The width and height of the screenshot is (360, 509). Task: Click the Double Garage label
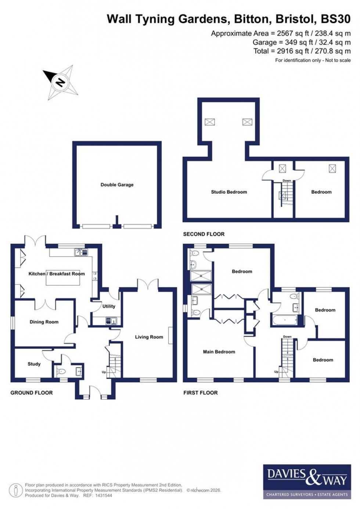117,185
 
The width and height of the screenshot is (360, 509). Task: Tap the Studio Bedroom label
229,192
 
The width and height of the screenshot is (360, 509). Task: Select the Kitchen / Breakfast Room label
57,274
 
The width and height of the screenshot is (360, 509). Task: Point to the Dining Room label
44,322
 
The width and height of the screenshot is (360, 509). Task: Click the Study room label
34,364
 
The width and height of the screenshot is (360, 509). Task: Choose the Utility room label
109,306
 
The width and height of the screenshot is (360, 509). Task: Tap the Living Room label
149,337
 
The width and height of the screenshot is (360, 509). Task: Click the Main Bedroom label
219,352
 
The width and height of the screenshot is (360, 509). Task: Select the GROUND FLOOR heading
32,393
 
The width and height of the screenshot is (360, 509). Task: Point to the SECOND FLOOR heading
204,234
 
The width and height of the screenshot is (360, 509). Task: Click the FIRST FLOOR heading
201,393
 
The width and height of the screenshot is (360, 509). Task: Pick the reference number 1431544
103,495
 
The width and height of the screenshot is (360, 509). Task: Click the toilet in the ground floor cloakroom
61,372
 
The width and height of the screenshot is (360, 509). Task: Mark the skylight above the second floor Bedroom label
332,169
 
